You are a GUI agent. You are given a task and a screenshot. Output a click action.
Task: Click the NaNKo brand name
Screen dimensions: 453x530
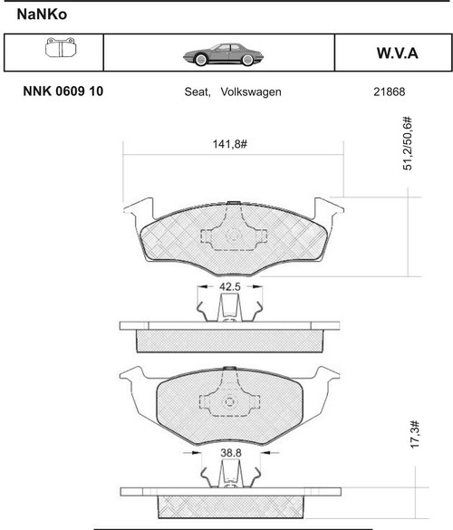tap(42, 14)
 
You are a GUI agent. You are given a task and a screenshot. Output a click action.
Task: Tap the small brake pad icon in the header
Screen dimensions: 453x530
tap(61, 47)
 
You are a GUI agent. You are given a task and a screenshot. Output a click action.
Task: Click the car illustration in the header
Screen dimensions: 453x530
tap(223, 54)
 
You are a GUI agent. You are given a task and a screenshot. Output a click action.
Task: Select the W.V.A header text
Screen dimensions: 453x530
tap(398, 53)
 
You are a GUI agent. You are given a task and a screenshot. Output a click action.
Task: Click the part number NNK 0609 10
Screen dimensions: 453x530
tap(63, 92)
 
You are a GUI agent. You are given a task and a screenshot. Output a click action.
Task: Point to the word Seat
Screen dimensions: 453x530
tap(198, 92)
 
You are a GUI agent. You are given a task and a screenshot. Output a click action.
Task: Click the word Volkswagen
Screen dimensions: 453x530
tap(251, 92)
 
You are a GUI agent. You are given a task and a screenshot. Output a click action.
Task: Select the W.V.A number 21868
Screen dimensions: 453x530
tap(389, 92)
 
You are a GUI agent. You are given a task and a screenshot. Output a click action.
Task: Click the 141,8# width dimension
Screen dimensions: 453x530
tap(230, 144)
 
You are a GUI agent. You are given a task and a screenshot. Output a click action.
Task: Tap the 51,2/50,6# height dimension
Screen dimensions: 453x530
tap(408, 143)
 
